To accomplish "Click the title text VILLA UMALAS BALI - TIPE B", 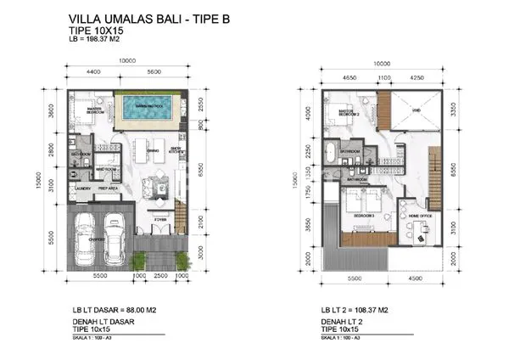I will click(x=144, y=20).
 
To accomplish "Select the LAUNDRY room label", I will click(x=82, y=188).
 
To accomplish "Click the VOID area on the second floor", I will click(x=417, y=110).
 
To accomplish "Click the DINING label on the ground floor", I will click(x=154, y=151).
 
